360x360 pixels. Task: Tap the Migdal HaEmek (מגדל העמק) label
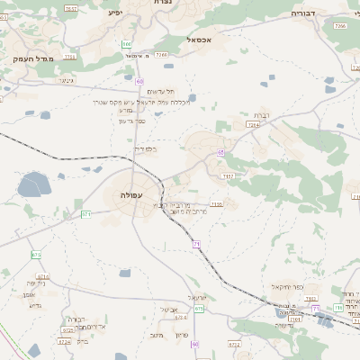point(33,58)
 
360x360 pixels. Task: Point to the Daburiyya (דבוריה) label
point(308,14)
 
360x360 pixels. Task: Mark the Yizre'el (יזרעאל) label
point(198,297)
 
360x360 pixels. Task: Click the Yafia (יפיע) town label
point(114,13)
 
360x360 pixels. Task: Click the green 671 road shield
point(86,214)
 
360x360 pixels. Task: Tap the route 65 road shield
point(220,153)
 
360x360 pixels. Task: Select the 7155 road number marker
point(216,204)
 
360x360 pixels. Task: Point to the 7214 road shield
point(254,125)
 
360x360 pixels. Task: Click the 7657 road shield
point(71,8)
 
